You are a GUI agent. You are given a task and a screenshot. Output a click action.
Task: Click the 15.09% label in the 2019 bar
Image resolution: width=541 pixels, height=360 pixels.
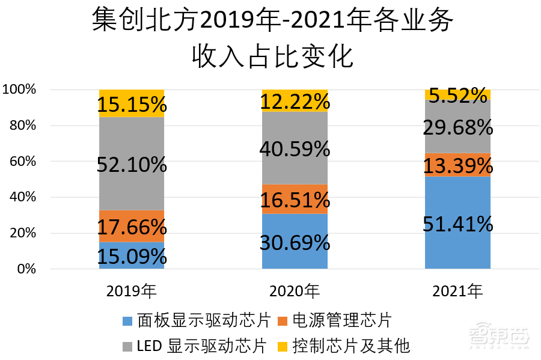pos(132,257)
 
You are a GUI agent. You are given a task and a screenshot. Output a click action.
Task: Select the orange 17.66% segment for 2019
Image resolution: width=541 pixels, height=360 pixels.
pos(132,227)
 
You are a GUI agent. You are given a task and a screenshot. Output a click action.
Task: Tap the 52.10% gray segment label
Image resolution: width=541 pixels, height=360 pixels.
pos(132,164)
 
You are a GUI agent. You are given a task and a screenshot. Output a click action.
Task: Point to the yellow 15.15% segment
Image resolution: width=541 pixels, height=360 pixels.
pos(132,105)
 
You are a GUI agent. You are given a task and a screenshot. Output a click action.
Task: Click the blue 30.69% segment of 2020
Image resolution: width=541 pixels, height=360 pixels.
pos(295,242)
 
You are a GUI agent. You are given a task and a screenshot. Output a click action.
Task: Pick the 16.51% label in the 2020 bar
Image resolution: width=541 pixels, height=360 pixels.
pos(295,200)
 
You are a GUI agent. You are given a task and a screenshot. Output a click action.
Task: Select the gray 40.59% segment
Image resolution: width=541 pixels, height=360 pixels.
pos(295,148)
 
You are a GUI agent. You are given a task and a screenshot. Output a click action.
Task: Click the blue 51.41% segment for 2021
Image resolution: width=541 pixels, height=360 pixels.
pos(457,224)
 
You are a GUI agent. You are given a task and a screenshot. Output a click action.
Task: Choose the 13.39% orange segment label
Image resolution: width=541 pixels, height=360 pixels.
pos(457,165)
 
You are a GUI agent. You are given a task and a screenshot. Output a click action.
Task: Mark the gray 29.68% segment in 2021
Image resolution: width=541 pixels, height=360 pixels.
pos(457,127)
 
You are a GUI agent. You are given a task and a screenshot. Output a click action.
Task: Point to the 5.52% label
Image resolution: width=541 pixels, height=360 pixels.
pos(457,95)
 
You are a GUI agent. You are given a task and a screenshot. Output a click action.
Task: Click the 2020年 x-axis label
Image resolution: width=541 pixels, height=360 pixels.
pos(295,291)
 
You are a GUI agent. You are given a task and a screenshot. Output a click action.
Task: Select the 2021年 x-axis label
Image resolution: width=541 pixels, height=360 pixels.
pos(457,291)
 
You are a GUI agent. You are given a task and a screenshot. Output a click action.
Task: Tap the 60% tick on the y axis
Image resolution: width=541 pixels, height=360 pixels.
pos(20,161)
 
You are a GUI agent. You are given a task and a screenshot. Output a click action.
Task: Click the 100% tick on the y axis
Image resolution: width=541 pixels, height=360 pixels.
pos(19,90)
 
